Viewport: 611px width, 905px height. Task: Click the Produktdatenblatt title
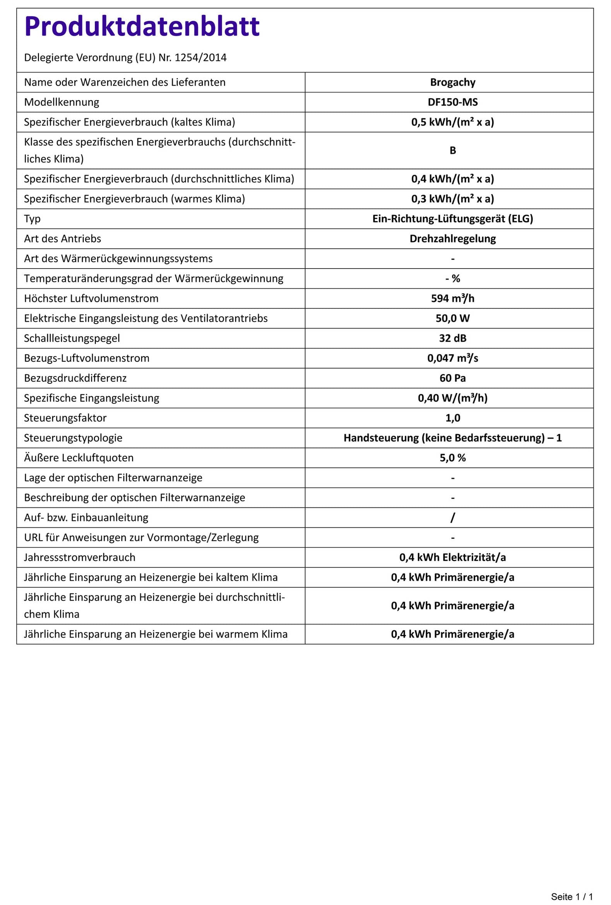[x=142, y=26]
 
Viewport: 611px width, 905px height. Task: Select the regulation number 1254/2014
[x=200, y=58]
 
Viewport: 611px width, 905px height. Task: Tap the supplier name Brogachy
[x=452, y=82]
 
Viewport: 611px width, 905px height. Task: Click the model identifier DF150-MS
[x=452, y=102]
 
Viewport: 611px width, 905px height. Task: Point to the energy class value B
[x=452, y=150]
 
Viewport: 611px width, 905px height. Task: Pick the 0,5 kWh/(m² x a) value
[x=452, y=122]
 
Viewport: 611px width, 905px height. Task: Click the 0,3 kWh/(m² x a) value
[x=452, y=198]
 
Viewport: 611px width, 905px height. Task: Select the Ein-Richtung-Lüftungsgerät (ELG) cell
[x=452, y=219]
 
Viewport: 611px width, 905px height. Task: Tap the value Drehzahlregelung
[x=452, y=238]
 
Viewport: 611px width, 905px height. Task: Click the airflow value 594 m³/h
[x=452, y=298]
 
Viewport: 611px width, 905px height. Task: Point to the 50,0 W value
[x=452, y=318]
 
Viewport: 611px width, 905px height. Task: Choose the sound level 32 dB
[x=452, y=338]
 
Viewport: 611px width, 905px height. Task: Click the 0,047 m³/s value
[x=452, y=358]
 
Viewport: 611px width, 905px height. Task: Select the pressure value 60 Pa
[x=452, y=378]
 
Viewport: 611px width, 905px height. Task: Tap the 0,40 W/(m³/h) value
[x=452, y=398]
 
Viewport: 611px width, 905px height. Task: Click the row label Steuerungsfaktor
[x=65, y=418]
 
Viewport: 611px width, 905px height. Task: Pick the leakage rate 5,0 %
[x=452, y=458]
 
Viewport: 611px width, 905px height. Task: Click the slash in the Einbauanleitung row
[x=452, y=517]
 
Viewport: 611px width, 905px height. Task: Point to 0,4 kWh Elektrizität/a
[x=452, y=557]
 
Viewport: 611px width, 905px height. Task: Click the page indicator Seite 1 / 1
[x=571, y=896]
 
